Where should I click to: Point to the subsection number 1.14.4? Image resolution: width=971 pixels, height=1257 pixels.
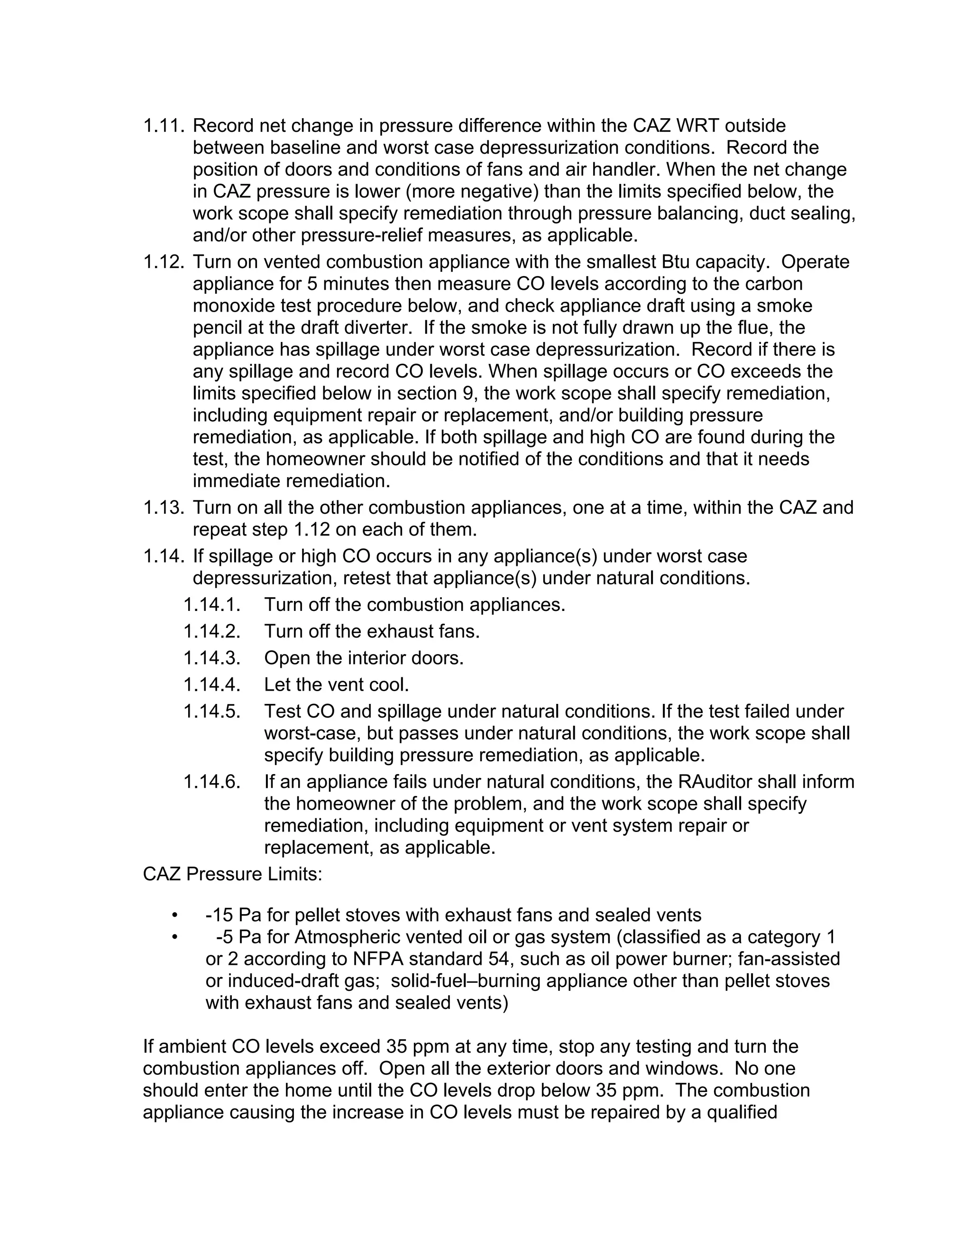(x=211, y=685)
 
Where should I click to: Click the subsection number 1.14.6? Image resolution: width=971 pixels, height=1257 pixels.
(x=211, y=782)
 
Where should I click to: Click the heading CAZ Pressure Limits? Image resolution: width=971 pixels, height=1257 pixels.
(x=232, y=874)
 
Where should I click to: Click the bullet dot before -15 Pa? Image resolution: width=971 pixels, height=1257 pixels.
(x=175, y=915)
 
